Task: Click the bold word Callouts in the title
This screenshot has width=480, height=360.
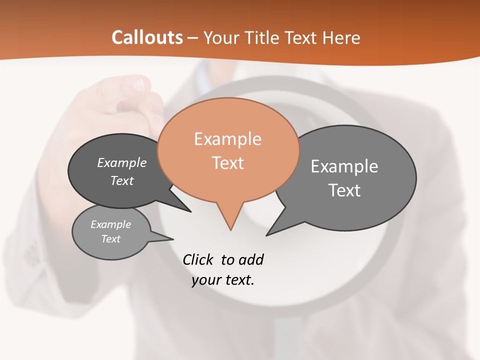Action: (x=147, y=37)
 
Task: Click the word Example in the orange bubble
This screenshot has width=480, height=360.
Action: (x=227, y=139)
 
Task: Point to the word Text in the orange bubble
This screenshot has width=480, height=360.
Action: (x=227, y=163)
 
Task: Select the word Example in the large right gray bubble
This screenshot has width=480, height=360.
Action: (x=344, y=166)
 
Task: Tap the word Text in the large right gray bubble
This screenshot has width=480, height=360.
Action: (x=344, y=190)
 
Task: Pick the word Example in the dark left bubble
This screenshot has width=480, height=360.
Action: (x=121, y=162)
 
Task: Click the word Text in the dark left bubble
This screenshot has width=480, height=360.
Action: (x=121, y=180)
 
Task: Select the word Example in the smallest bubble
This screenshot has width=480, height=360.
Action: (x=110, y=224)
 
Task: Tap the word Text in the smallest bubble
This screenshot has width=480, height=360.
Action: (x=110, y=239)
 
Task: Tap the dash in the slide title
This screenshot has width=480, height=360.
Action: (x=193, y=38)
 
